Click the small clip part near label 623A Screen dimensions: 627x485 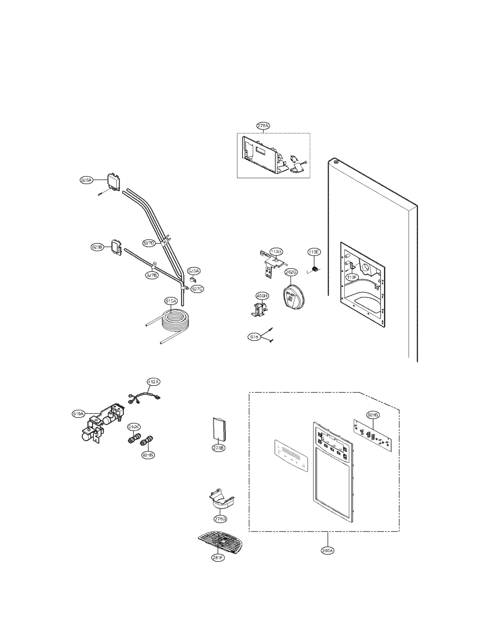[x=192, y=279]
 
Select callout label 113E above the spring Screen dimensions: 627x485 [x=314, y=252]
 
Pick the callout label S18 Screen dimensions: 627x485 [x=254, y=337]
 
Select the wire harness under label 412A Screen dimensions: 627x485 [x=142, y=396]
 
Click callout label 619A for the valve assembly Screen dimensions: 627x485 [x=78, y=414]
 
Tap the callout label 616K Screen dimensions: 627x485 [x=133, y=427]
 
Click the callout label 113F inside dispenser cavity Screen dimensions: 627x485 [x=351, y=276]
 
